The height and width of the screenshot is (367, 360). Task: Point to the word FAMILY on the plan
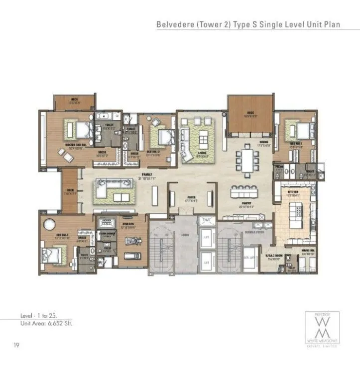coord(147,175)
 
